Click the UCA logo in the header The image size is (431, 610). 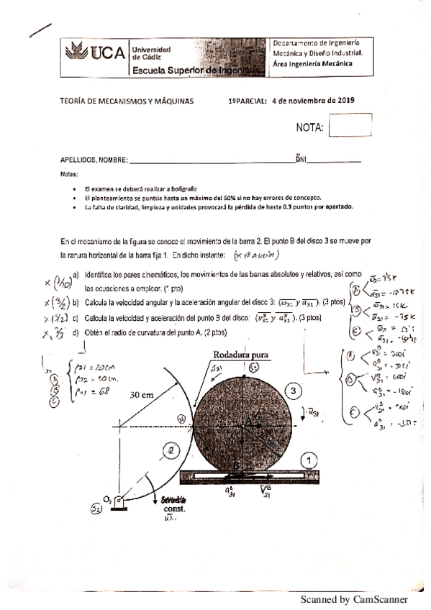(x=94, y=53)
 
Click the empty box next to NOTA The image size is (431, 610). (x=350, y=125)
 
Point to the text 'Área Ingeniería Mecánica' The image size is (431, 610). (x=312, y=63)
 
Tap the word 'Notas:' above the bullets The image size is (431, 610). (x=69, y=175)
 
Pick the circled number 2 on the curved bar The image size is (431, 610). (x=171, y=451)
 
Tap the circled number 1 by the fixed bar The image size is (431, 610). (x=307, y=458)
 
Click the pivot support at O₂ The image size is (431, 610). (x=118, y=501)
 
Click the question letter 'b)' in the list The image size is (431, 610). (x=76, y=301)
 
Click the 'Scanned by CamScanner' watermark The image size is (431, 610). (x=354, y=598)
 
